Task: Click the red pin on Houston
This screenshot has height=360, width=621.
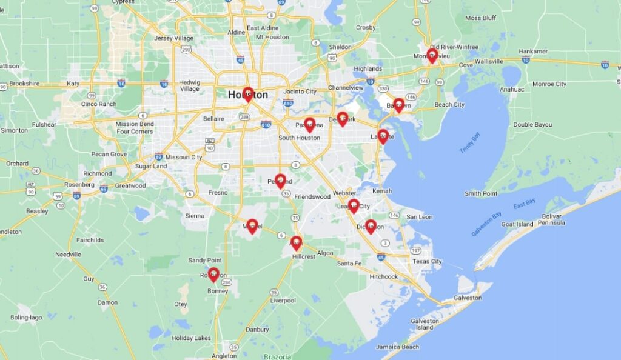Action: (x=247, y=94)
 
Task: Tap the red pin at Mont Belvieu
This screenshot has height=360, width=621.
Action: (x=432, y=55)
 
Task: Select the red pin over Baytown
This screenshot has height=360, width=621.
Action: (x=398, y=105)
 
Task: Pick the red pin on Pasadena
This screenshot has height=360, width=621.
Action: (x=309, y=124)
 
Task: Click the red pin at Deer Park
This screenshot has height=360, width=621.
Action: (x=342, y=118)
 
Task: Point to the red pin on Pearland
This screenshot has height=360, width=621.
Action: (x=280, y=181)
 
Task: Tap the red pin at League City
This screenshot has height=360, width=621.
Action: (x=354, y=205)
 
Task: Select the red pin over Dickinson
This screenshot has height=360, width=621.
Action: (x=371, y=226)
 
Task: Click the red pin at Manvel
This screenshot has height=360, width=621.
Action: (x=252, y=226)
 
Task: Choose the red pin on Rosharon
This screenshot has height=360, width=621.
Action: (x=213, y=275)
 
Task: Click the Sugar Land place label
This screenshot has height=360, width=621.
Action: (x=151, y=166)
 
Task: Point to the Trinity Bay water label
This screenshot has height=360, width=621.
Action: (x=469, y=141)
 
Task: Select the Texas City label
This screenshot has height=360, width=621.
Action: (x=427, y=262)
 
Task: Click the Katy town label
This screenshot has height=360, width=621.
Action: (x=73, y=84)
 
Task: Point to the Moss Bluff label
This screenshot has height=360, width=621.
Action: (x=480, y=18)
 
